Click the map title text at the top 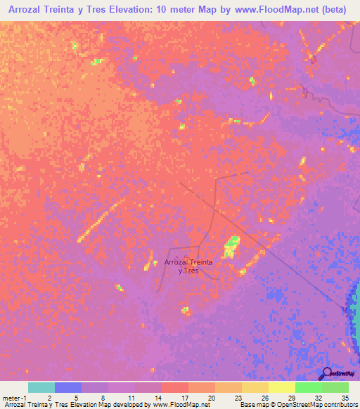pos(180,9)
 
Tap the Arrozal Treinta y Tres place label pos(188,266)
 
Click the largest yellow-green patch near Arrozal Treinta pos(231,247)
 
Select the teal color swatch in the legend pos(41,387)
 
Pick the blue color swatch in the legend pos(68,387)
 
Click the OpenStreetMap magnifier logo pos(327,373)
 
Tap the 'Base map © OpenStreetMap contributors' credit pos(297,405)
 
